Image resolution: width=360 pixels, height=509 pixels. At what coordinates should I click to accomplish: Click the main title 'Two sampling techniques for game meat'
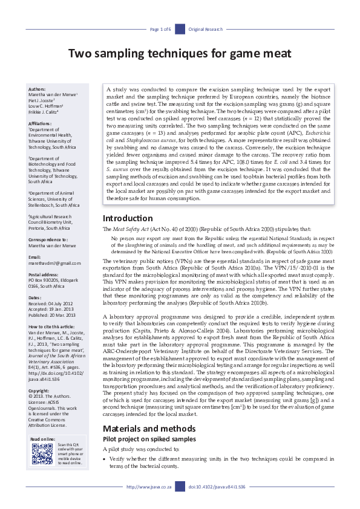180,54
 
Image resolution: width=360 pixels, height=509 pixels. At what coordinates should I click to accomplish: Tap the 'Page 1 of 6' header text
160,29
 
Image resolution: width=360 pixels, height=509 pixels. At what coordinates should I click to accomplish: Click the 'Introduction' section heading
128,218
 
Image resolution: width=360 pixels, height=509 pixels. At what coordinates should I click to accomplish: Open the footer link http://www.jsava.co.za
149,486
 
